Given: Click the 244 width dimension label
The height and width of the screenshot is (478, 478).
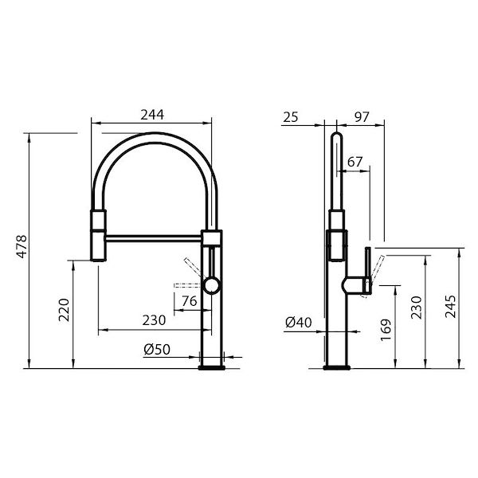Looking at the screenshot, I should (x=152, y=115).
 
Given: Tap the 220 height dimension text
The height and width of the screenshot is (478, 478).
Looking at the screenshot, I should (x=65, y=308).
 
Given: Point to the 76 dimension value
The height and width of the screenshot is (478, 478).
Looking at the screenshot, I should (x=189, y=300).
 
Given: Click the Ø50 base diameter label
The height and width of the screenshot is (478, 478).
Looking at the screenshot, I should (x=159, y=349).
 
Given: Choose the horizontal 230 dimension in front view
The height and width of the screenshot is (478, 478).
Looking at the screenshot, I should (x=154, y=320).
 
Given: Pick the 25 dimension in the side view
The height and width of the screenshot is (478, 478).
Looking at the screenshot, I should (x=290, y=117).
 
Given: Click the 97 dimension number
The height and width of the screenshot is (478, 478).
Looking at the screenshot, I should (x=361, y=117).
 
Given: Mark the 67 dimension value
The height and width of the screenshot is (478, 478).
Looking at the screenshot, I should (x=355, y=162).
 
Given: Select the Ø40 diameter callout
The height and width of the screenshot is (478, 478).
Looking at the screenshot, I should (x=297, y=323).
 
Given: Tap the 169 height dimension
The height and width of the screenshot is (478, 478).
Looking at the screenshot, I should (x=386, y=327).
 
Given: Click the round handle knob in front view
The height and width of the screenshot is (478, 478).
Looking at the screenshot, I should (x=211, y=284).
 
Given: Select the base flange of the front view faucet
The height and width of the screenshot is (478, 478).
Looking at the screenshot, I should (x=213, y=366).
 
